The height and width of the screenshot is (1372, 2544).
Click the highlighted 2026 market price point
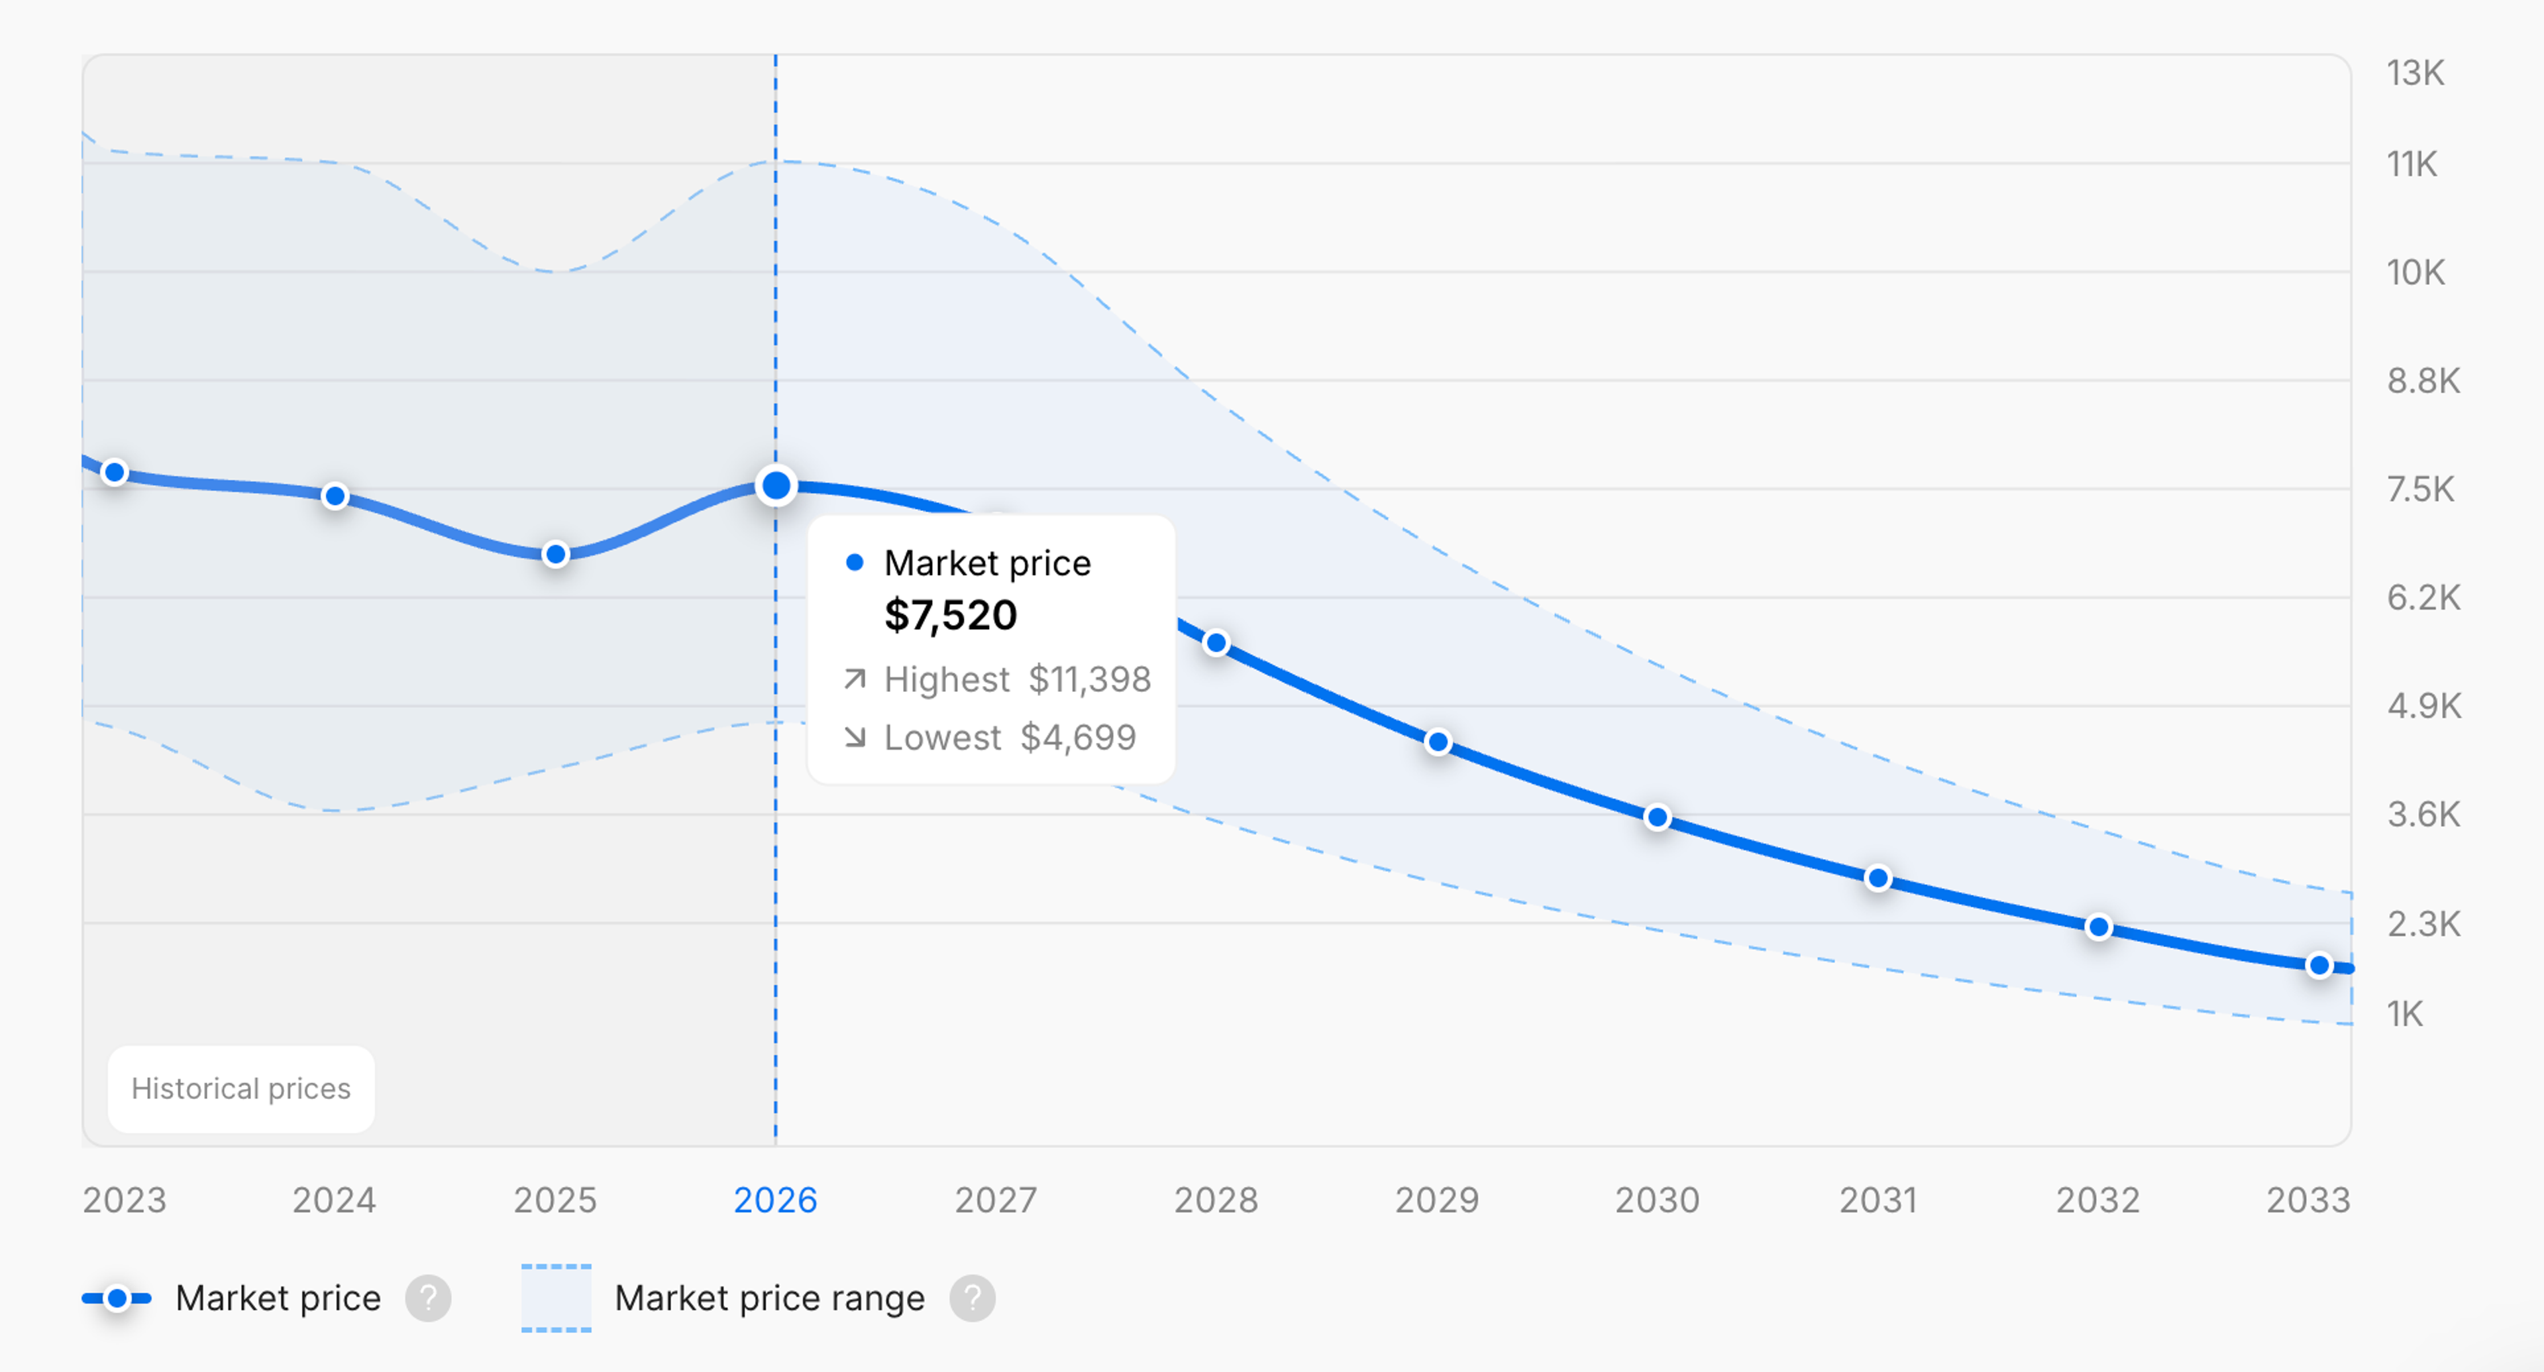coord(776,486)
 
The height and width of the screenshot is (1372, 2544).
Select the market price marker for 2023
coord(115,472)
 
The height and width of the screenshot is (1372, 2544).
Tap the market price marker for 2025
coord(556,554)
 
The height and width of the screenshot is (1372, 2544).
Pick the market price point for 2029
coord(1438,742)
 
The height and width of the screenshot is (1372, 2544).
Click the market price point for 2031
coord(1878,878)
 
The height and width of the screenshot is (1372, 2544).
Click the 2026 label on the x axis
coord(775,1200)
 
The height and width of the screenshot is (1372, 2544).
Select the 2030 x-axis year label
coord(1657,1200)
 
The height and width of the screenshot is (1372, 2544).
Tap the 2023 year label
coord(125,1200)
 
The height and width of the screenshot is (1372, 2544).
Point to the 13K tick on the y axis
coord(2415,73)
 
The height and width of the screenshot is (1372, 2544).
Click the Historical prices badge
coord(241,1088)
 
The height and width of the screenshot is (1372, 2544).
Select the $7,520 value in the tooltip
coord(950,615)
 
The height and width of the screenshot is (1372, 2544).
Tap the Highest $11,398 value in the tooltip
coord(1089,679)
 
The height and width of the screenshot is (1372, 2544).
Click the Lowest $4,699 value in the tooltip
coord(1077,738)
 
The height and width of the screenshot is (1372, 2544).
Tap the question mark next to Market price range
coord(973,1298)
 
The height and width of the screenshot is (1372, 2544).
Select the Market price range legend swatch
coord(556,1298)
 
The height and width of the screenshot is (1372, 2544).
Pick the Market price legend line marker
coord(117,1298)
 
